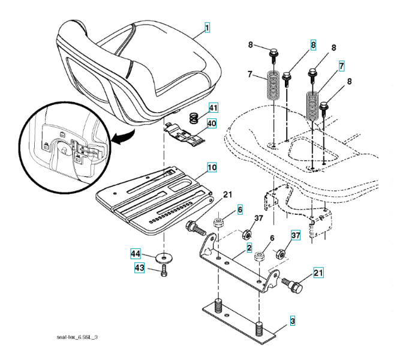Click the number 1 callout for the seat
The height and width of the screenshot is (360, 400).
click(207, 27)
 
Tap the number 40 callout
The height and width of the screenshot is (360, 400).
click(213, 124)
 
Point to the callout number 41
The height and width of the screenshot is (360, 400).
click(213, 108)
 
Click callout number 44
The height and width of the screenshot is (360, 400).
click(137, 254)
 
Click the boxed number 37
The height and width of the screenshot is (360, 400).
click(296, 235)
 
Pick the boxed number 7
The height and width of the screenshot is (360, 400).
click(341, 65)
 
